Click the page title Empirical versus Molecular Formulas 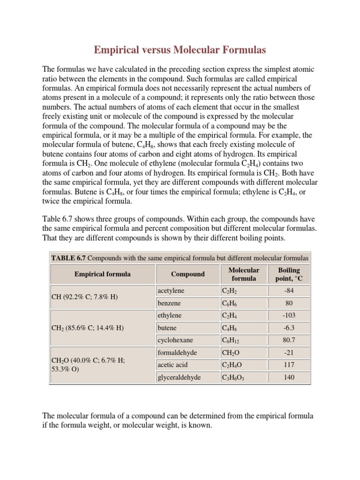click(x=180, y=49)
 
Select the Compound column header click(x=187, y=274)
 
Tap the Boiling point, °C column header click(x=289, y=274)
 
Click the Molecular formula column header click(x=243, y=274)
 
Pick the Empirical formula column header click(x=102, y=274)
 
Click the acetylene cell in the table click(x=170, y=291)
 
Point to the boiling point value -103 click(x=289, y=315)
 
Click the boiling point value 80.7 click(x=289, y=340)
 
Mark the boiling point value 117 click(x=289, y=364)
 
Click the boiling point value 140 click(x=289, y=377)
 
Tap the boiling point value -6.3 click(x=289, y=328)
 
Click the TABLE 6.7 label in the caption click(x=68, y=258)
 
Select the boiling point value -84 click(x=289, y=291)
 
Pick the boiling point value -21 click(x=289, y=352)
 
